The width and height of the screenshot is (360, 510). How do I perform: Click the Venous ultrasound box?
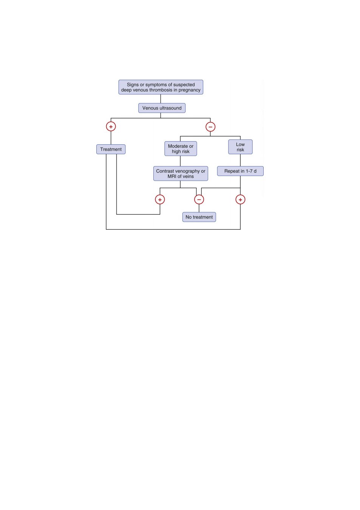(x=162, y=108)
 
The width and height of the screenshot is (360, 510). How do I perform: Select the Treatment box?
(x=111, y=149)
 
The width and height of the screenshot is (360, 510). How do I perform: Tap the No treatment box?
(x=199, y=217)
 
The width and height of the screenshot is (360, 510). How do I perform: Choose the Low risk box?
(x=240, y=147)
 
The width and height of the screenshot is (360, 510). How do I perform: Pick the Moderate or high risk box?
(x=181, y=149)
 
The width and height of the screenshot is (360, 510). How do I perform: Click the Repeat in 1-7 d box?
(x=240, y=171)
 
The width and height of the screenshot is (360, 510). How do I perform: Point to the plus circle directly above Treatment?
(x=111, y=127)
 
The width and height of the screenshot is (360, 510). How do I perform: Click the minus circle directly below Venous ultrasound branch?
(x=210, y=127)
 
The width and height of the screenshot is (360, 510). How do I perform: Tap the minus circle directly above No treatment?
(x=199, y=200)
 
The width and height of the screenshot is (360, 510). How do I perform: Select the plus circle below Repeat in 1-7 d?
(x=240, y=200)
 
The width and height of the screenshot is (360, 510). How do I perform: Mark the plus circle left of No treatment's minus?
(x=160, y=200)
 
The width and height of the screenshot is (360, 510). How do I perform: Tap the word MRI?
(x=172, y=176)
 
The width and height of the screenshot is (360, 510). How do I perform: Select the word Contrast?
(x=165, y=171)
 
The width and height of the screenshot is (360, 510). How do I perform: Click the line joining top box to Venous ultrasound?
(x=161, y=99)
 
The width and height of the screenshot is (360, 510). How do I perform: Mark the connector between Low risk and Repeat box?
(x=240, y=160)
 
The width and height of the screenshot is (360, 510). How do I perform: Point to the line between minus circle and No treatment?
(x=199, y=208)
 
